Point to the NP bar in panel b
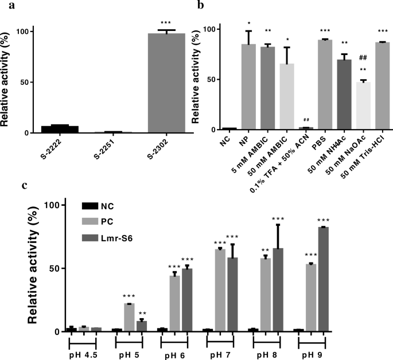pos(248,87)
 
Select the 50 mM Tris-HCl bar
pos(383,85)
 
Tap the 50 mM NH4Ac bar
pos(345,94)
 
